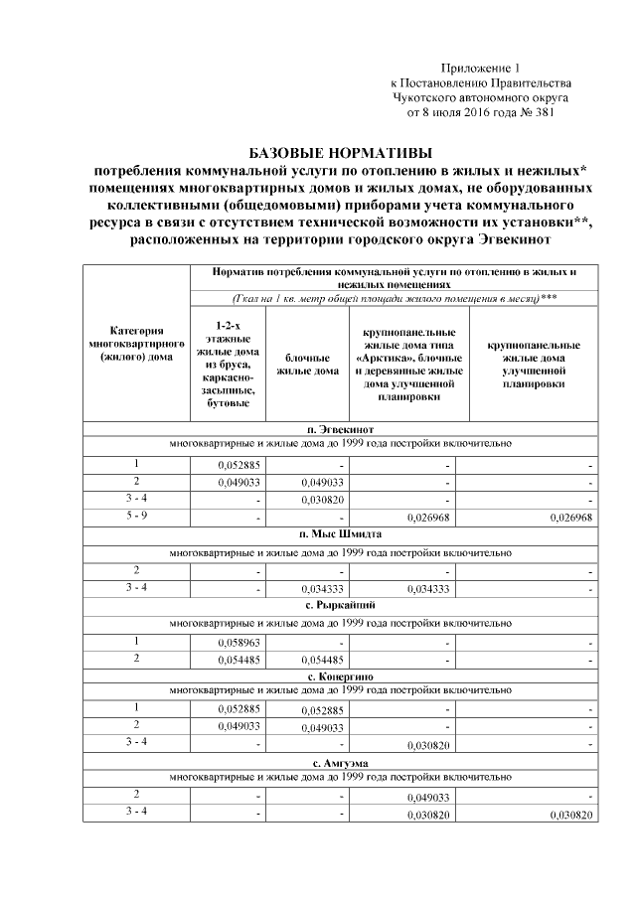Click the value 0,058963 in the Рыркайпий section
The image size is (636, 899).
click(239, 644)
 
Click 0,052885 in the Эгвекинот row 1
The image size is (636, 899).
click(239, 465)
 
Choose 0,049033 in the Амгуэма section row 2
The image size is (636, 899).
click(428, 798)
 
